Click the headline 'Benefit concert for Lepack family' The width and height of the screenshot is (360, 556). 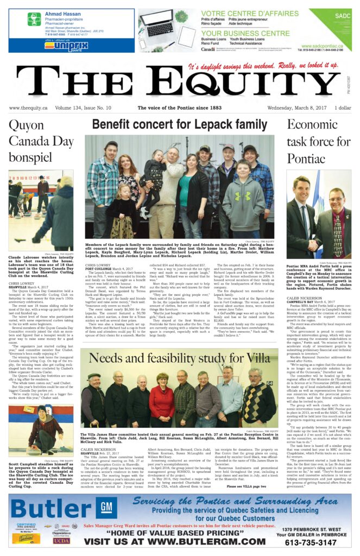[x=179, y=125]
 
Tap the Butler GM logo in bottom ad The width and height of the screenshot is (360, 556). [x=62, y=508]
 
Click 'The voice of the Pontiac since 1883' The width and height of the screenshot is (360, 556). [x=179, y=108]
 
